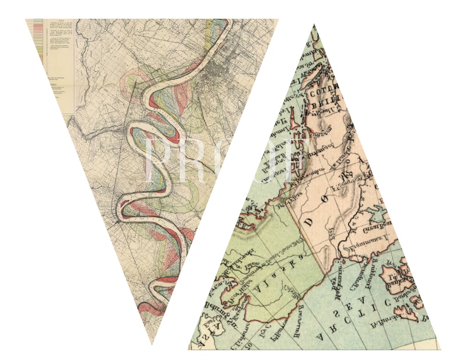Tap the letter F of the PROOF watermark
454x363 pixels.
[297, 157]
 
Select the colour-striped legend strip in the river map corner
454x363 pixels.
[38, 38]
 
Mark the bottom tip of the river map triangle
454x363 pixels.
[152, 344]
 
